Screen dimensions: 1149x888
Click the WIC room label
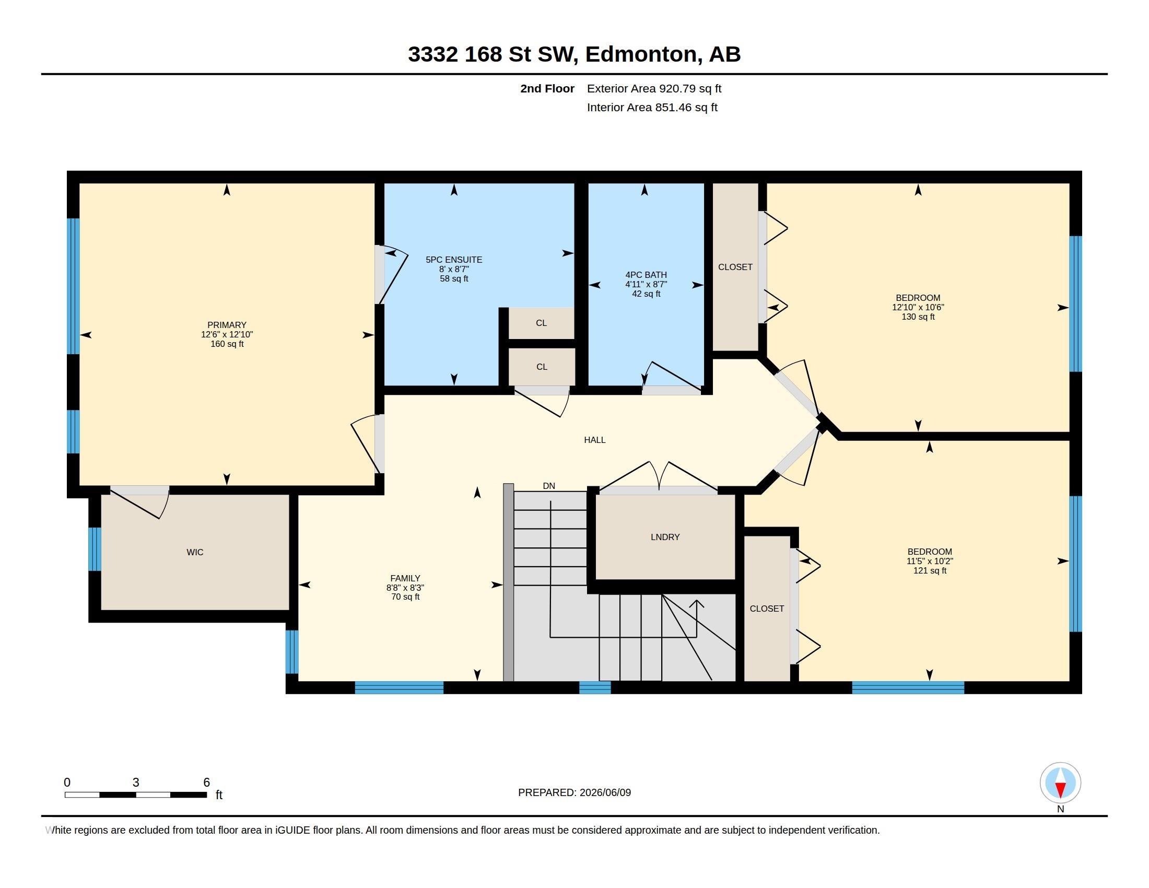point(195,552)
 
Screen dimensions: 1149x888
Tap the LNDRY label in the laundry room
point(665,536)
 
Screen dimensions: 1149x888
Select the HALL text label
point(594,440)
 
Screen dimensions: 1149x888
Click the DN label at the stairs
point(549,486)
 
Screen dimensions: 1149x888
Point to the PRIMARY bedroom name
point(227,325)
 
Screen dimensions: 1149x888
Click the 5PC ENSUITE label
point(453,260)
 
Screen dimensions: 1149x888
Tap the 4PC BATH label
point(646,275)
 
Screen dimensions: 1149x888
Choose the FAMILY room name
point(405,578)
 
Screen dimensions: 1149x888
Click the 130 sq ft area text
point(918,317)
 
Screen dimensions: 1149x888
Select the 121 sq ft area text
point(930,571)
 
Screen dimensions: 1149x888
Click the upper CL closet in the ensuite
point(542,323)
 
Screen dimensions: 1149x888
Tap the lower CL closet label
point(542,367)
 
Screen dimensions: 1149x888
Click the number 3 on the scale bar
point(136,782)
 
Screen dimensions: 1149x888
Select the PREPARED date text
point(574,792)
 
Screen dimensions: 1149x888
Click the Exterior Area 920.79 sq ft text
point(654,88)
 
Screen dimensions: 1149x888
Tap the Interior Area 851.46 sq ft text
point(652,107)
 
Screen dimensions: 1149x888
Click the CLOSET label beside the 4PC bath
point(735,267)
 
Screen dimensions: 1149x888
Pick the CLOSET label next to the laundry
point(767,609)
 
